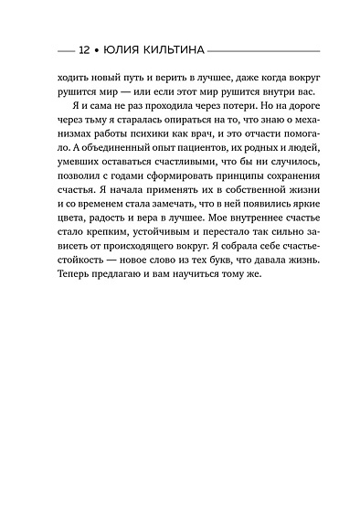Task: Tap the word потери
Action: (230, 112)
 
